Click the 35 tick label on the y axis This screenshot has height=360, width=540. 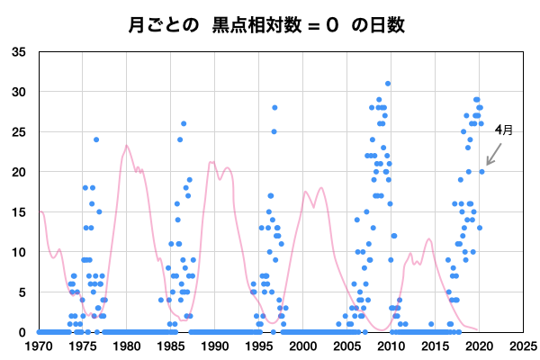(x=19, y=51)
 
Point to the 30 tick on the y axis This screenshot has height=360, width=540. (x=19, y=92)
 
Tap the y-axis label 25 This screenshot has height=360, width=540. (x=19, y=131)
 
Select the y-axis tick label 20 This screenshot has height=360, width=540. (x=19, y=172)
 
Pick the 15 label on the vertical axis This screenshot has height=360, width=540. (x=19, y=211)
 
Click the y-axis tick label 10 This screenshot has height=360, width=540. (x=19, y=252)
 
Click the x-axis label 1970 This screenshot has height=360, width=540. (x=39, y=345)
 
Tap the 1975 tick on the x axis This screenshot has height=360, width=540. (x=83, y=345)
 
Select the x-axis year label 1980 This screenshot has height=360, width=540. (x=127, y=345)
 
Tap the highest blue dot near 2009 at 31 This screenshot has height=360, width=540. (x=388, y=84)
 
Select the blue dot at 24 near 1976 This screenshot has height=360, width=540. (x=96, y=139)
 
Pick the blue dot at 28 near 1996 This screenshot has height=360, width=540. (x=274, y=108)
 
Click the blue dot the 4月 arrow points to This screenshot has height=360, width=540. (x=481, y=171)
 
